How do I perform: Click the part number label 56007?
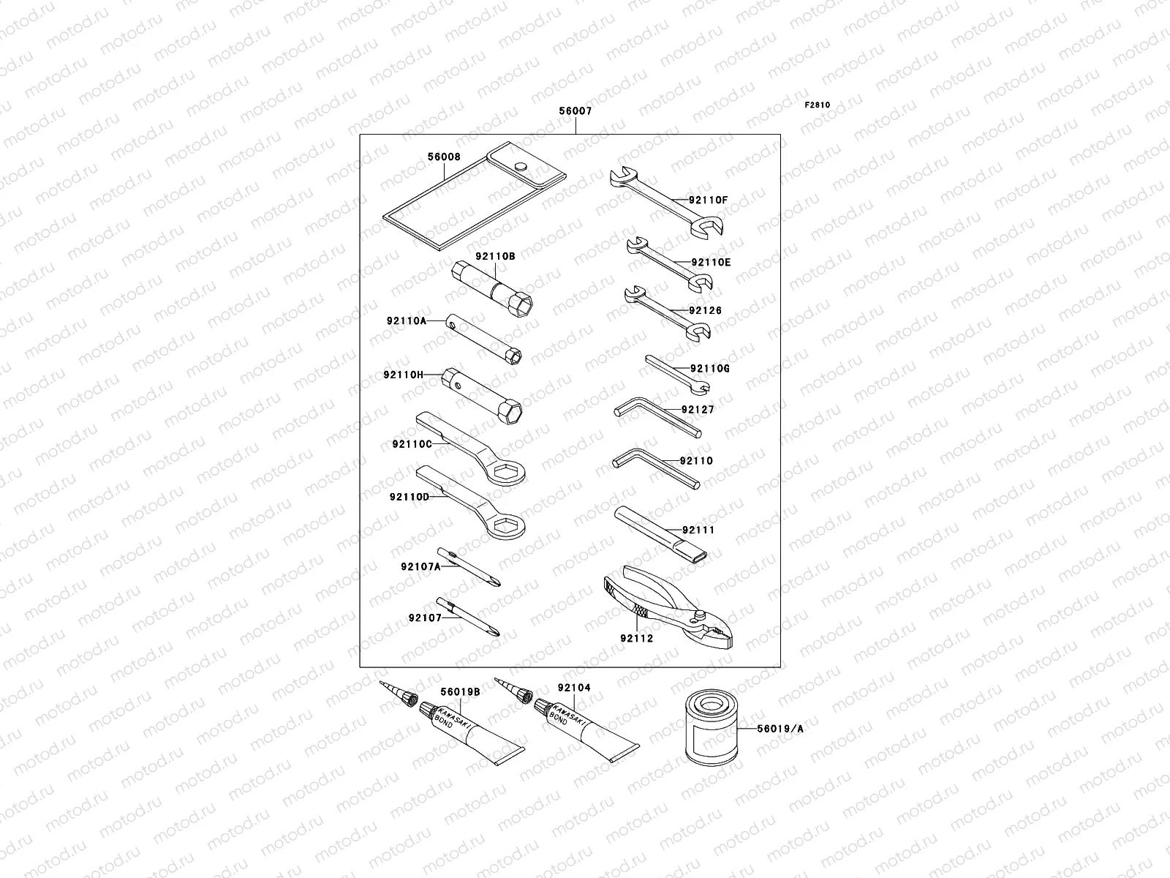pyautogui.click(x=575, y=112)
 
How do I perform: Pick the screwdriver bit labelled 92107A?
pyautogui.click(x=469, y=568)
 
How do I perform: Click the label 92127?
pyautogui.click(x=697, y=410)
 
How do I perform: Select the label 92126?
pyautogui.click(x=705, y=311)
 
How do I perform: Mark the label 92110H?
pyautogui.click(x=403, y=375)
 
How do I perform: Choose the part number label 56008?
pyautogui.click(x=444, y=157)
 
